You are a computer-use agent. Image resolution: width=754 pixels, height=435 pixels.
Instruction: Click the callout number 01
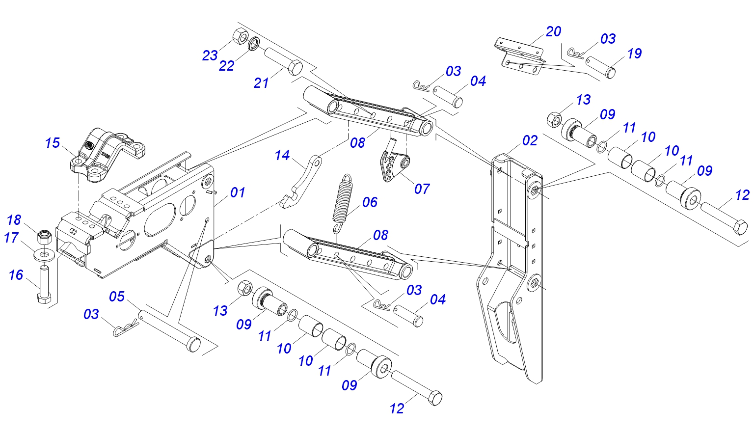tap(238, 192)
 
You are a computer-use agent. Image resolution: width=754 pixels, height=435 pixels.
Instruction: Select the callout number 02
tap(530, 141)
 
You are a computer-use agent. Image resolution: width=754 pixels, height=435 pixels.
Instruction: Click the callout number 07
tap(422, 189)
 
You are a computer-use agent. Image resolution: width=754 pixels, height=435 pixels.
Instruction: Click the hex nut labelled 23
tap(240, 36)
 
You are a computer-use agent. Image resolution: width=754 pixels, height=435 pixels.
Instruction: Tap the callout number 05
tap(117, 297)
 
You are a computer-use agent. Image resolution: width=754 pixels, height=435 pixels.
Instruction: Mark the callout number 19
tap(634, 54)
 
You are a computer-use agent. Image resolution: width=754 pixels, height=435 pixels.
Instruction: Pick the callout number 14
tap(282, 156)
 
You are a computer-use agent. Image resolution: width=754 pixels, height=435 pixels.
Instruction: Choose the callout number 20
tap(553, 31)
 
